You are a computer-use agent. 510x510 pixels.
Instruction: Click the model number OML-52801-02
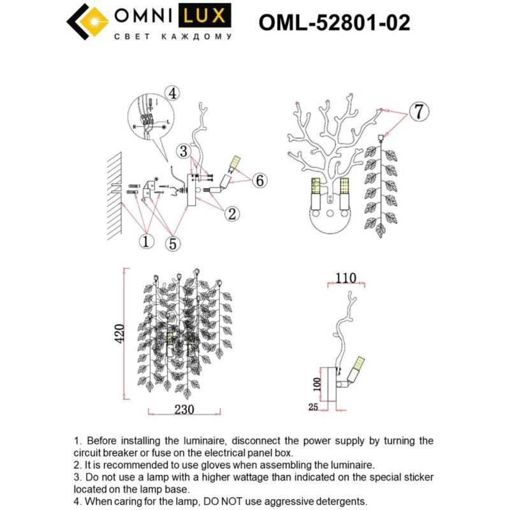pos(334,22)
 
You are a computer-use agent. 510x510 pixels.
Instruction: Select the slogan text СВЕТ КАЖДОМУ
pos(172,37)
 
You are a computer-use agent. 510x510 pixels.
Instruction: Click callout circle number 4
pos(171,93)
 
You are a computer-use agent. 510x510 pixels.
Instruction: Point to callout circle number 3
pos(184,151)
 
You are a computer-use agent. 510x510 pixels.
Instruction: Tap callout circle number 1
pos(147,242)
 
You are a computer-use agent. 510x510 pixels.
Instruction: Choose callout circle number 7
pos(418,112)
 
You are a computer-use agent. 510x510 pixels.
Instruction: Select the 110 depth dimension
pos(344,278)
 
